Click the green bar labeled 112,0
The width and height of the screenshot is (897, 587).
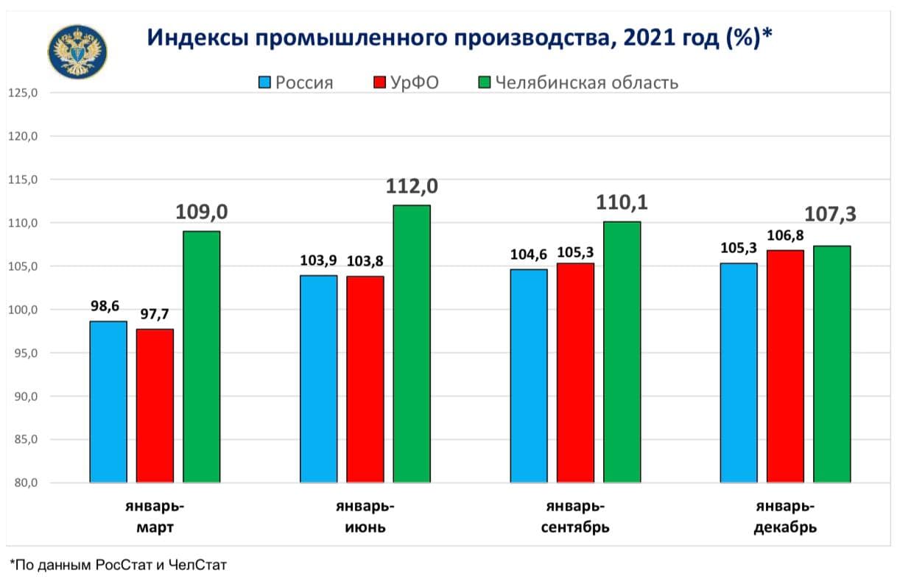coord(412,344)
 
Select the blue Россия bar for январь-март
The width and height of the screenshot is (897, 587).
coord(108,402)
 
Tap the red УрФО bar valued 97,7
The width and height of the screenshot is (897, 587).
coord(155,405)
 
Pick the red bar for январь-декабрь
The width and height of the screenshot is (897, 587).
coord(785,366)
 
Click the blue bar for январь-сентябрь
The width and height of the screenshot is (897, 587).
coord(529,376)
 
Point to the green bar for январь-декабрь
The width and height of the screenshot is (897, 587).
coord(832,364)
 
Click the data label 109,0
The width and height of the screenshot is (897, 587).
coord(202,213)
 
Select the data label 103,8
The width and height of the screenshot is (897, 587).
coord(365,260)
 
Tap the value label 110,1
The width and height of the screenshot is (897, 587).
coord(622,203)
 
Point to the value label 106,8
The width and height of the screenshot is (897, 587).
coord(785,235)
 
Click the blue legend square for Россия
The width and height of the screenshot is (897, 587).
coord(265,82)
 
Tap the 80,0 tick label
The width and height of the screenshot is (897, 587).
coord(25,483)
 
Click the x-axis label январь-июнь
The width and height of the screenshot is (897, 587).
coord(365,517)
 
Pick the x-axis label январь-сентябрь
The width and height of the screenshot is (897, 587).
coord(576,517)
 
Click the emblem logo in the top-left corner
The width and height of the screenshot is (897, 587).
coord(77,51)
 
